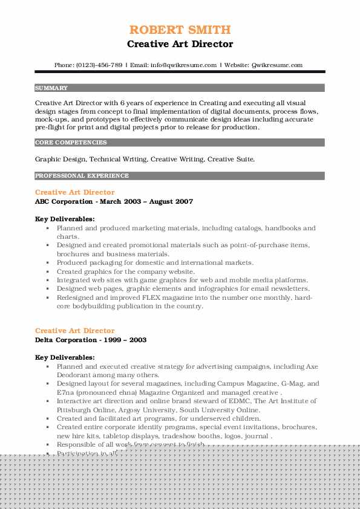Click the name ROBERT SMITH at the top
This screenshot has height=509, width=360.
click(180, 30)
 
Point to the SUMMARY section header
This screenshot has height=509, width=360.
click(51, 88)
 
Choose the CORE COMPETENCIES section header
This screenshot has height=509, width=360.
click(71, 143)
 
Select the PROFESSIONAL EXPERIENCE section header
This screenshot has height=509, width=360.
click(82, 176)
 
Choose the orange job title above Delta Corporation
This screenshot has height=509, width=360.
click(74, 331)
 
